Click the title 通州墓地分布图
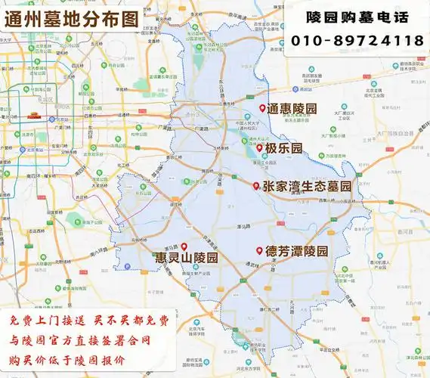(72, 18)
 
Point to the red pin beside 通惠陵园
(262, 109)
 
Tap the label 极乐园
(284, 147)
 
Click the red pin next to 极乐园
(259, 147)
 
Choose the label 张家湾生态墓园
(307, 186)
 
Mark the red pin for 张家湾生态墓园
(256, 185)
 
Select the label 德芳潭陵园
(296, 251)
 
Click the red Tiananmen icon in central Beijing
(33, 115)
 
